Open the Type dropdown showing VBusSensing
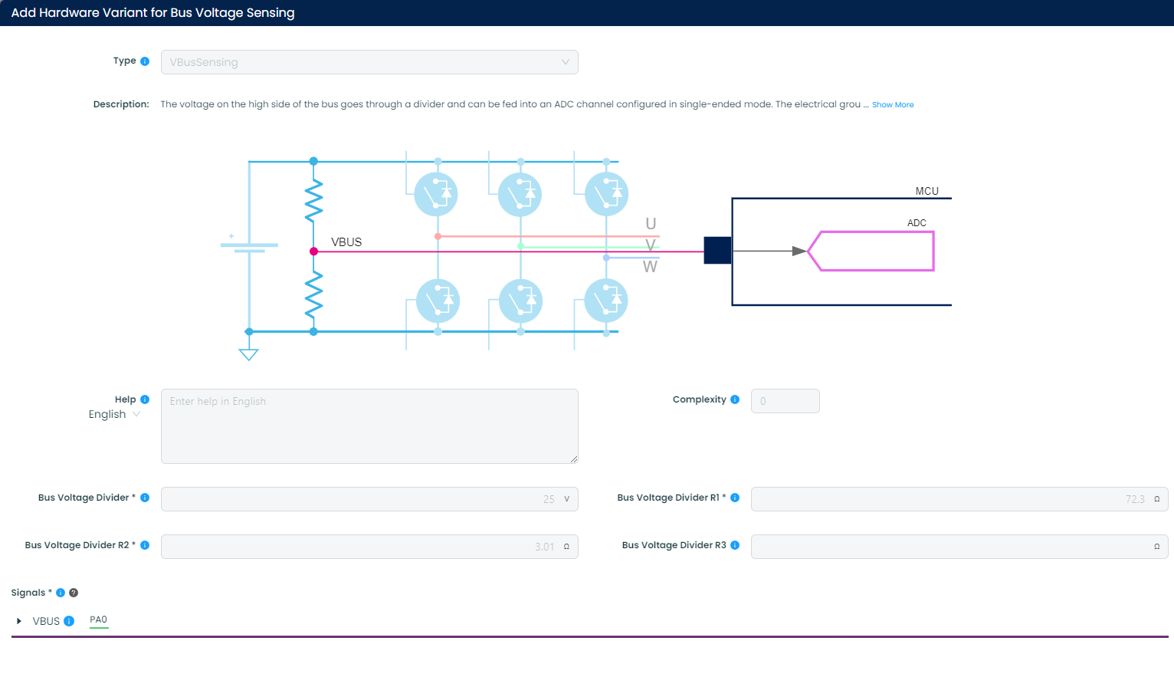click(369, 62)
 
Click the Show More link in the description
click(892, 105)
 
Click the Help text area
click(369, 426)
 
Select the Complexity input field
click(785, 401)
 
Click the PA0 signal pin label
click(99, 620)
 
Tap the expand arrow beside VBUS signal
click(19, 621)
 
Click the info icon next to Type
click(145, 61)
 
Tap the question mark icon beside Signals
click(74, 593)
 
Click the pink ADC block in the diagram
click(874, 251)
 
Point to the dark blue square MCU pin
click(717, 251)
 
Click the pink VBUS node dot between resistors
click(313, 251)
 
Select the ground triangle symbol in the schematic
click(249, 354)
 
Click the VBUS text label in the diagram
click(346, 242)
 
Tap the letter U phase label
click(651, 224)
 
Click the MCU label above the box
click(926, 191)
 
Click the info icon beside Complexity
click(735, 399)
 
